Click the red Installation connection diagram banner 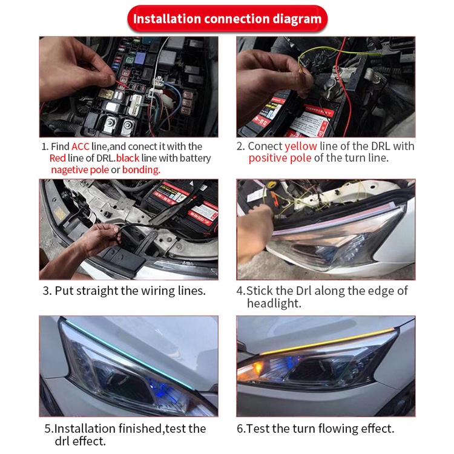click(x=227, y=19)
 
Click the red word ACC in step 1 click(x=80, y=146)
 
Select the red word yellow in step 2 click(x=301, y=146)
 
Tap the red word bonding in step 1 click(x=141, y=170)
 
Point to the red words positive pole click(x=280, y=158)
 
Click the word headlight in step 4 click(x=274, y=303)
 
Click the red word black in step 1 click(x=128, y=158)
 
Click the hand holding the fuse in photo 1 click(x=75, y=69)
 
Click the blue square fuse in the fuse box click(x=140, y=58)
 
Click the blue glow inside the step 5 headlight click(x=159, y=387)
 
